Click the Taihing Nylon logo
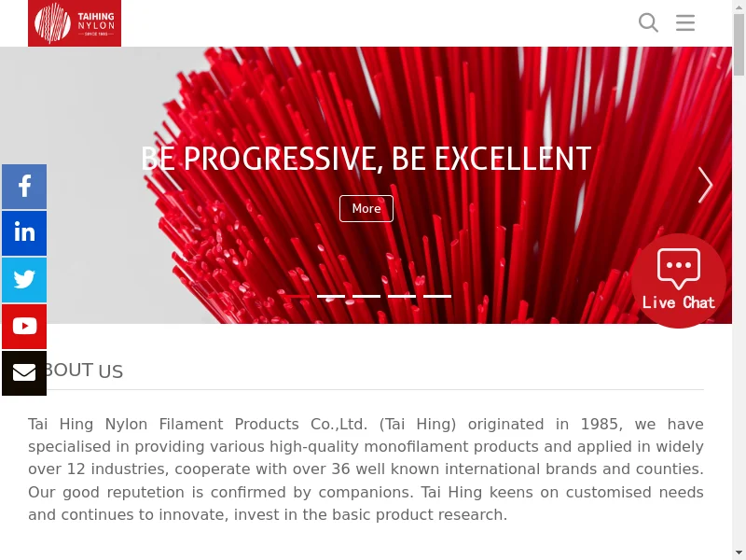[75, 22]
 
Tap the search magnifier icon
[648, 22]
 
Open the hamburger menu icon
[685, 22]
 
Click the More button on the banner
[366, 208]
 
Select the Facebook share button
[24, 187]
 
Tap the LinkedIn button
[24, 233]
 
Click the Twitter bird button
[24, 280]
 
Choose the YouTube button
[24, 327]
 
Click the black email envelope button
[24, 373]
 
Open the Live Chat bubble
[679, 281]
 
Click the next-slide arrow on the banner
[705, 185]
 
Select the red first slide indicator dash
[296, 296]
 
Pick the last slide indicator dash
[437, 296]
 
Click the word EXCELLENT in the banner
[513, 159]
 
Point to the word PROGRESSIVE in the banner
[283, 159]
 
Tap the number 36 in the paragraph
[340, 469]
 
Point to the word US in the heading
[111, 371]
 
